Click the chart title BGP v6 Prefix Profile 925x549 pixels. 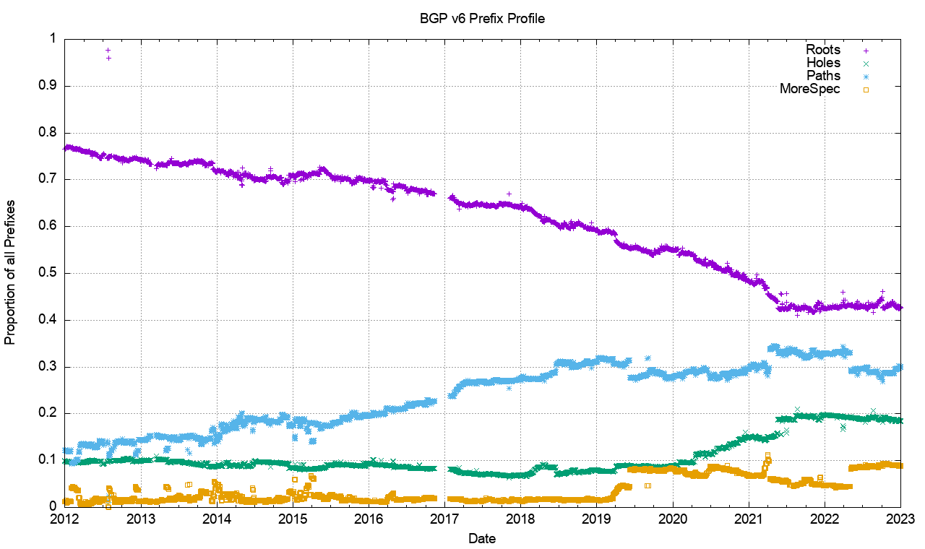[483, 19]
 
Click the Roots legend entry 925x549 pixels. [823, 50]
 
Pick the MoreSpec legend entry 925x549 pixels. [810, 89]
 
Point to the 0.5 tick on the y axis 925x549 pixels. [48, 273]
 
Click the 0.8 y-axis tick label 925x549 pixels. [48, 133]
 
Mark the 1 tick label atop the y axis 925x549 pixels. [53, 39]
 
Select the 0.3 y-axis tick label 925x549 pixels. [48, 367]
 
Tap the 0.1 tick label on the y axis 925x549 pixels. [48, 460]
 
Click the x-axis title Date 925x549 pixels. [482, 538]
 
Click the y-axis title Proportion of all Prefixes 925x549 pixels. [11, 272]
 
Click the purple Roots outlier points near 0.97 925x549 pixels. [108, 53]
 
